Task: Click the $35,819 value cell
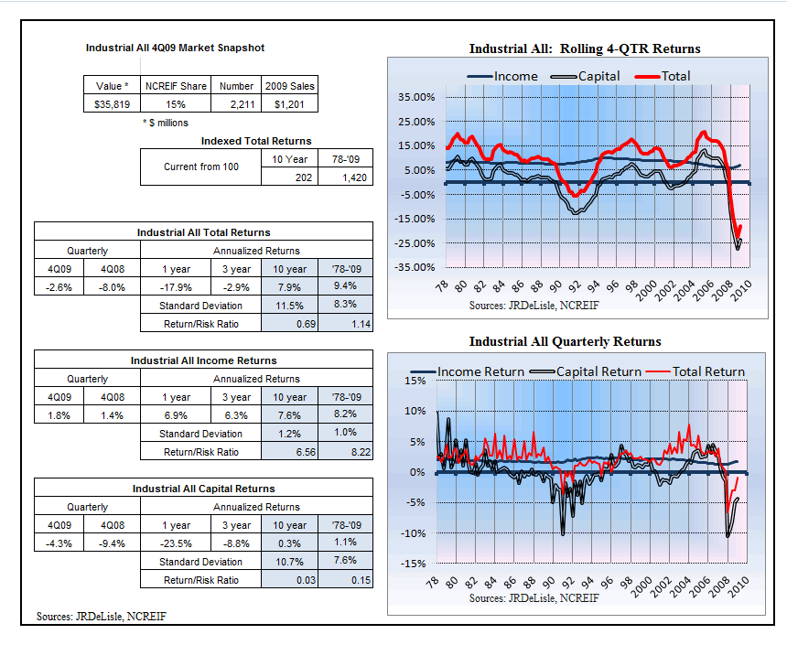[x=112, y=104]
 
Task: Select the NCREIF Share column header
[x=176, y=86]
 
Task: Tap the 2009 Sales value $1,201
[x=289, y=104]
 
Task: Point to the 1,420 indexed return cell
[x=345, y=177]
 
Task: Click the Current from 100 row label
[x=200, y=167]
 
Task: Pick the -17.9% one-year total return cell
[x=176, y=287]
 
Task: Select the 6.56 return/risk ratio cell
[x=289, y=452]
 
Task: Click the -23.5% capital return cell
[x=176, y=543]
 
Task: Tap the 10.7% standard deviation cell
[x=289, y=562]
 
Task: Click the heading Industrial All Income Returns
[x=203, y=360]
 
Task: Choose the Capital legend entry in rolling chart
[x=585, y=76]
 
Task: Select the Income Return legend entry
[x=468, y=371]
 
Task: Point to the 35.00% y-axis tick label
[x=416, y=97]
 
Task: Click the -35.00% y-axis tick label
[x=415, y=267]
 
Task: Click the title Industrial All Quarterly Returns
[x=566, y=341]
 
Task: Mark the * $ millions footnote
[x=166, y=123]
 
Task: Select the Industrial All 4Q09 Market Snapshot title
[x=175, y=48]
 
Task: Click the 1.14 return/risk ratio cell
[x=345, y=324]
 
